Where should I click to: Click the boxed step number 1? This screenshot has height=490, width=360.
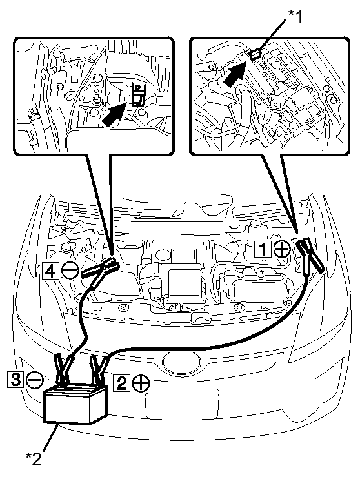[263, 249]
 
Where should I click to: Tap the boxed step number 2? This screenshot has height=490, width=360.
[122, 383]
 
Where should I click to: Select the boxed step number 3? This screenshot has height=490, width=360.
[15, 380]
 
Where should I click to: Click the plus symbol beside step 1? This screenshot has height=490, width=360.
[282, 249]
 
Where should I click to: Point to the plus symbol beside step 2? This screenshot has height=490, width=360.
[141, 383]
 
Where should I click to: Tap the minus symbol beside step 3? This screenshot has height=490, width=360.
[34, 380]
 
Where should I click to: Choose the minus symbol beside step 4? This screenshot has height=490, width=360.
[70, 271]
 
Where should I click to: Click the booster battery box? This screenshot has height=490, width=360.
[75, 404]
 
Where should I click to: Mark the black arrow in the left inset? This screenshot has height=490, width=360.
[115, 115]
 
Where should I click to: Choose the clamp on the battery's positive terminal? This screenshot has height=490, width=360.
[99, 371]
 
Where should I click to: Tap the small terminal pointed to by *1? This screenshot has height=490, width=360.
[255, 55]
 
